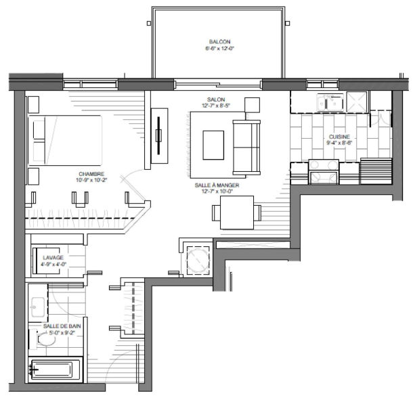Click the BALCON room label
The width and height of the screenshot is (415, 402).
coord(219,41)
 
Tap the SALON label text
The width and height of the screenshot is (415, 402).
coord(216,99)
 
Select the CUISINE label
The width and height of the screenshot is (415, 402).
coord(339,137)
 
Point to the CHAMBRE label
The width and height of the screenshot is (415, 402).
coord(91,174)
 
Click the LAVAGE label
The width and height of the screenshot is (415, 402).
coord(53,257)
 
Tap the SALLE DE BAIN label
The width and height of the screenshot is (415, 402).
coord(62,326)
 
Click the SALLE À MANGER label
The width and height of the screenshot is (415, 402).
coord(217,185)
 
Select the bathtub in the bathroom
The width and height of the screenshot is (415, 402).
coord(55,370)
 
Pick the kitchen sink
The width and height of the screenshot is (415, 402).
coord(331,103)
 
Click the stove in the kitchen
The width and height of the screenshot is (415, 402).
coord(324,171)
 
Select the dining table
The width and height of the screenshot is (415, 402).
coord(237,213)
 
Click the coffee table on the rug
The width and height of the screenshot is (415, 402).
coord(213,145)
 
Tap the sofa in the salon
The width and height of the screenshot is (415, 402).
coord(246,148)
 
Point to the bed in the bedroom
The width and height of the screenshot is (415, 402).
coord(65,140)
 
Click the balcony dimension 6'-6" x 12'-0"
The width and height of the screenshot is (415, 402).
coord(219,48)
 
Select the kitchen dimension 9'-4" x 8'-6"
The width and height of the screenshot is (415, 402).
coord(339,143)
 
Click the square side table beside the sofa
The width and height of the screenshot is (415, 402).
coord(252,105)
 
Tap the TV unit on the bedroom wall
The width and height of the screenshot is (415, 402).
coord(159,135)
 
